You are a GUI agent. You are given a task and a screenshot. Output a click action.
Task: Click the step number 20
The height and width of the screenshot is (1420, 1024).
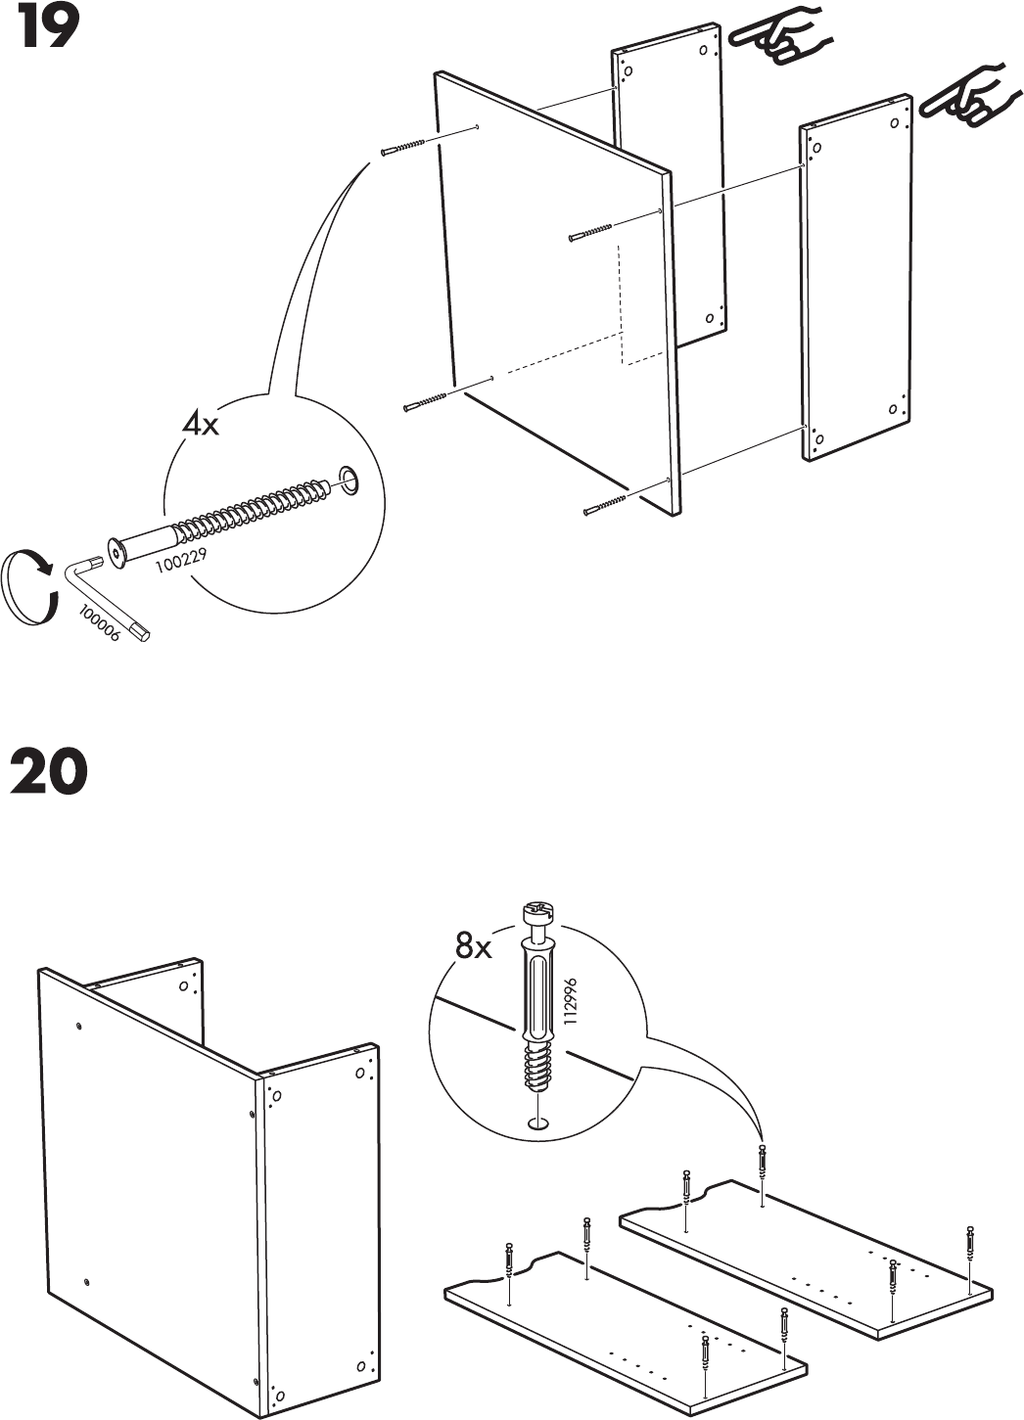49,772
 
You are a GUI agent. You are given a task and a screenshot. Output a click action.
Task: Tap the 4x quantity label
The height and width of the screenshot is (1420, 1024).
201,426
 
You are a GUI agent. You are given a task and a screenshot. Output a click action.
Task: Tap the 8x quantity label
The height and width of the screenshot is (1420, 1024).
474,946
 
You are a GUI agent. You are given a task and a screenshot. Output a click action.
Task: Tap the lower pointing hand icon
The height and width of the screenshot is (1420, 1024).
965,96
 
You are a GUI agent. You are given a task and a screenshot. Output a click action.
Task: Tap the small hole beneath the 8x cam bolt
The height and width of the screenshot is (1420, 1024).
535,1124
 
